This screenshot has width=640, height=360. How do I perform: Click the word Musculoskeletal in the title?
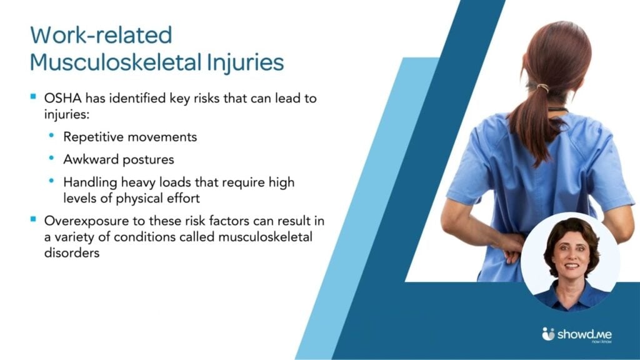116,62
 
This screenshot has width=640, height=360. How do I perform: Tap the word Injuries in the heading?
245,62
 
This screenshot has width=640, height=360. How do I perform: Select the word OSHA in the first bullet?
63,98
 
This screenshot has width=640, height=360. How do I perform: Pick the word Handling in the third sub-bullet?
90,182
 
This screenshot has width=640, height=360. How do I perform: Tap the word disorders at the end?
72,252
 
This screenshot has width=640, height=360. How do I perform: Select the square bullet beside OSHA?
34,97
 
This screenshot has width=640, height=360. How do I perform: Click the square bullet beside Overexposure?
34,219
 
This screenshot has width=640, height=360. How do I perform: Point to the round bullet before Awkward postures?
51,157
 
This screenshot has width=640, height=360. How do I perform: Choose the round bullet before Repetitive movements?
51,135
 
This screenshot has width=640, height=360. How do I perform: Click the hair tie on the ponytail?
542,87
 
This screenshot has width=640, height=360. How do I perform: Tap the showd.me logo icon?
548,334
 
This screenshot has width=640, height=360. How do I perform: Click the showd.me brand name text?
584,334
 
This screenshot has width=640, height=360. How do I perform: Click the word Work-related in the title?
101,35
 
